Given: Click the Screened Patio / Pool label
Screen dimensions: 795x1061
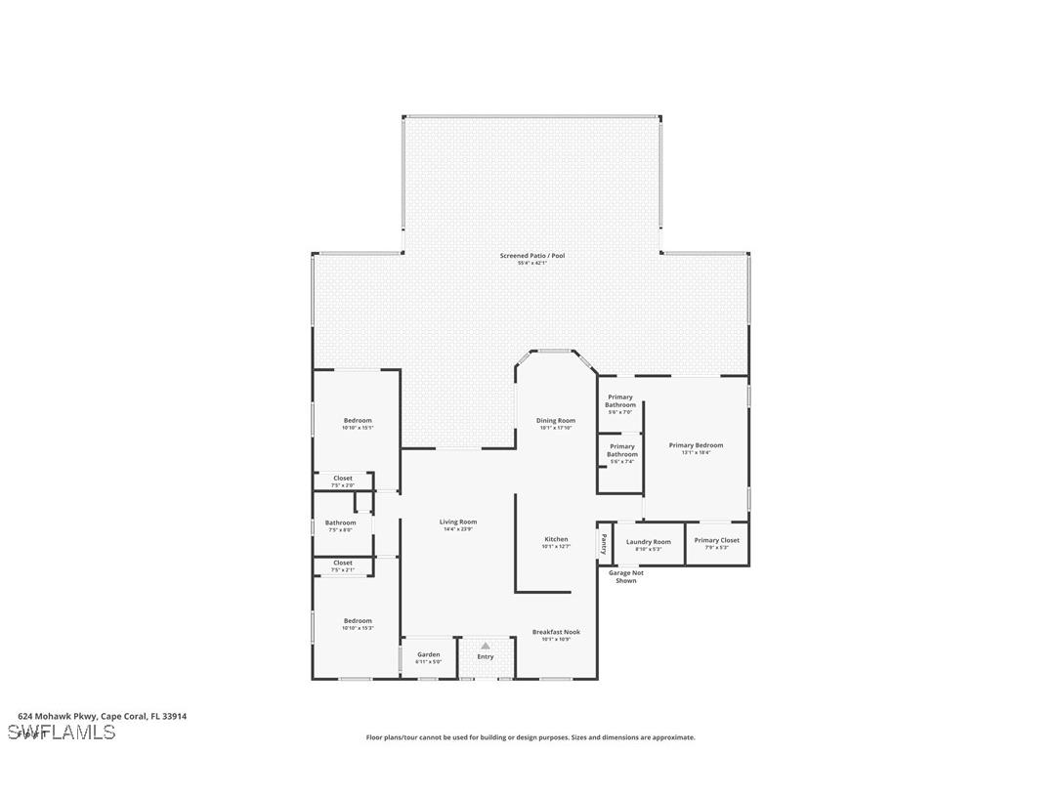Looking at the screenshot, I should (x=532, y=256).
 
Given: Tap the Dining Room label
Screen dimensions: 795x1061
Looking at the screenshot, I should (x=555, y=421).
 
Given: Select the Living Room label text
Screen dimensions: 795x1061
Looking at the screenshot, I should (x=457, y=523).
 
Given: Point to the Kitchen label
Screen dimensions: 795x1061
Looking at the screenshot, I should (x=556, y=539).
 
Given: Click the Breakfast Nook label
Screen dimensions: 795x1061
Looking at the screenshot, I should (x=556, y=632).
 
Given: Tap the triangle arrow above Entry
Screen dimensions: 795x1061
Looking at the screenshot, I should (x=486, y=646).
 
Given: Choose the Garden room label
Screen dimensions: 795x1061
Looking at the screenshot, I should (x=428, y=654).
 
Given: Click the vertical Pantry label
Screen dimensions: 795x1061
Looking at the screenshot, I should (x=604, y=542).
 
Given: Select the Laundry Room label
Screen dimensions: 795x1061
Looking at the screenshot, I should (x=649, y=542).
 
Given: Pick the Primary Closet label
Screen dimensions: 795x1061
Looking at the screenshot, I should (x=717, y=540).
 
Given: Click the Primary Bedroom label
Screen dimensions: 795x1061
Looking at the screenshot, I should (x=696, y=445).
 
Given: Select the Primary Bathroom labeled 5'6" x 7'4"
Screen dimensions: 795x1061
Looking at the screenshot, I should (x=622, y=450).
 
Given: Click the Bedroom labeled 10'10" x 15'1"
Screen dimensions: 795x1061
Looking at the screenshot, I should (x=358, y=421).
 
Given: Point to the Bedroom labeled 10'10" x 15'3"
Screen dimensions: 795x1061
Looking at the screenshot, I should (x=358, y=621).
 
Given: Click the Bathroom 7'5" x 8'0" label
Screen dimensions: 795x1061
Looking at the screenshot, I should (x=340, y=523).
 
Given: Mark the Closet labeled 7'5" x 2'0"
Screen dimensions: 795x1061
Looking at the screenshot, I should (x=342, y=479).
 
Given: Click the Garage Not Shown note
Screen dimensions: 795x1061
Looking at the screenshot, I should (x=626, y=576).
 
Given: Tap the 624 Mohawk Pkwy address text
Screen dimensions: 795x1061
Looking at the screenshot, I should (x=103, y=716).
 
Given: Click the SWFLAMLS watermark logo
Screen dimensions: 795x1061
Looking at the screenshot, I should (x=62, y=732).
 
